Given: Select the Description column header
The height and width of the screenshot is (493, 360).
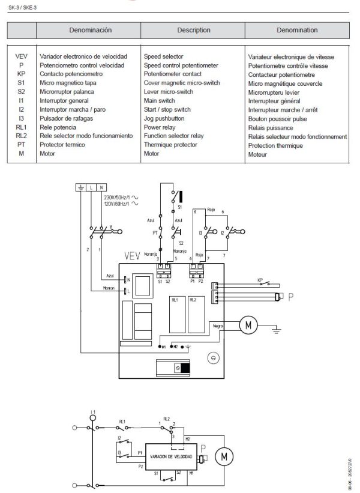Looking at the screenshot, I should (x=193, y=29).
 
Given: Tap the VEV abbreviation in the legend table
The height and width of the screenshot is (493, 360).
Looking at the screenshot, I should (x=20, y=56).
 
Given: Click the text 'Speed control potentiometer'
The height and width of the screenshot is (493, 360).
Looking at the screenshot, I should (x=181, y=65).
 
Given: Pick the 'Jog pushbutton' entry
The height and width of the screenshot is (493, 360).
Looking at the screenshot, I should (x=165, y=119).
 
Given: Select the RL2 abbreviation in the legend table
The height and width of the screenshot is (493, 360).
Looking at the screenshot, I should (x=21, y=136).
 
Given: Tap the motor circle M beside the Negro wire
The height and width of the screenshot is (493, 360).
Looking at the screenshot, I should (x=248, y=325).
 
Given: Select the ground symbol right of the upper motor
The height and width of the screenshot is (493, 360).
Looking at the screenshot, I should (x=274, y=328).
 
